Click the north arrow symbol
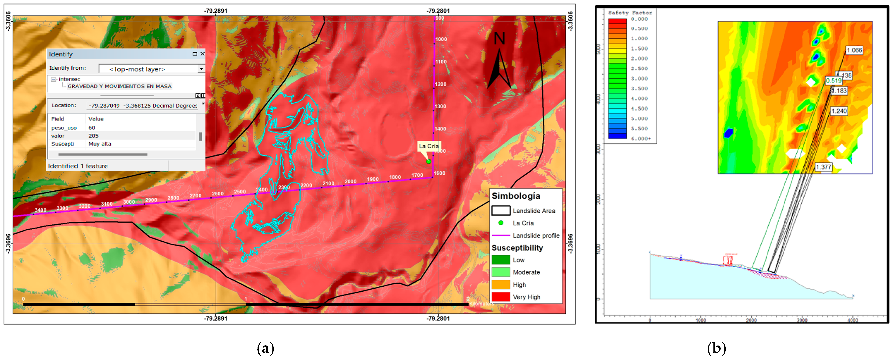click(x=499, y=68)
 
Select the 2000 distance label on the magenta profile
click(x=350, y=182)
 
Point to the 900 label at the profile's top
click(x=440, y=18)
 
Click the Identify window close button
click(x=203, y=54)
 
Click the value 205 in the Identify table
click(x=93, y=136)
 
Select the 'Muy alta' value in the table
click(x=100, y=144)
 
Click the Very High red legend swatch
click(x=501, y=297)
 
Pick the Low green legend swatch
click(x=501, y=260)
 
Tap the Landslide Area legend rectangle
click(x=501, y=211)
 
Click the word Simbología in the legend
click(x=516, y=196)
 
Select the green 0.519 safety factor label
click(x=833, y=81)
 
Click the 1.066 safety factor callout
click(x=854, y=50)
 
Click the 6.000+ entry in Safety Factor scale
click(x=641, y=139)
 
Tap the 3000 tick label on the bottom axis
click(x=802, y=320)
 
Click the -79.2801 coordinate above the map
click(x=438, y=11)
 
